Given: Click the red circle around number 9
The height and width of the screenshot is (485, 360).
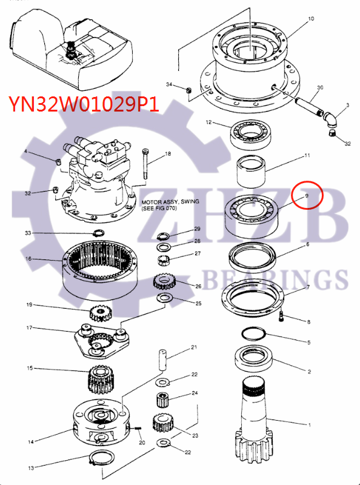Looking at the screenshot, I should coord(307,196).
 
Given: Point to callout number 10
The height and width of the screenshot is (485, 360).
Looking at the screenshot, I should coord(311,19).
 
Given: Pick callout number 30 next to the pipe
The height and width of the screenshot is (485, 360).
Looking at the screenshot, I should coord(320,87).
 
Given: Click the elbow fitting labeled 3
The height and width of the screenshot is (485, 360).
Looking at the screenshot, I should coord(330,116).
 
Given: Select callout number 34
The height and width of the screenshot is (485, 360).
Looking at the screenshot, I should coord(169,84).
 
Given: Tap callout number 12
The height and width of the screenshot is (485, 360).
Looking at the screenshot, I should coord(208,122).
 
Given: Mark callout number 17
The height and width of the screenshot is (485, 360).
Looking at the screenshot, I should coord(28,329).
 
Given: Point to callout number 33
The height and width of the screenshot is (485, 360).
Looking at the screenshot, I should coord(28,233).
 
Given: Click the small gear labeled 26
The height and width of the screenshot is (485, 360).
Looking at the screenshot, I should coord(164,282).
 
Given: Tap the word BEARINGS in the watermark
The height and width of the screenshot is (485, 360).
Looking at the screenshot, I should coord(273,279).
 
